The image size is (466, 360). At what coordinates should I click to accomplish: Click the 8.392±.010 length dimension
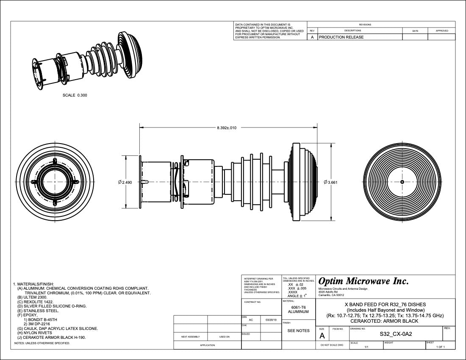(227, 127)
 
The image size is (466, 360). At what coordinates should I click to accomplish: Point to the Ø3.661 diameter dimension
(330, 182)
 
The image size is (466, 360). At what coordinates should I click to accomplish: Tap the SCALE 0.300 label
(75, 95)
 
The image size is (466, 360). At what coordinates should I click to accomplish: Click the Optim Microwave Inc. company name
(363, 281)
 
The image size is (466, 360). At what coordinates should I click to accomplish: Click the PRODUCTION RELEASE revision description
(341, 37)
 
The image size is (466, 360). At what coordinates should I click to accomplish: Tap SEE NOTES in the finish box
(299, 330)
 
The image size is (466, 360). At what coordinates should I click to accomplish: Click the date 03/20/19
(270, 320)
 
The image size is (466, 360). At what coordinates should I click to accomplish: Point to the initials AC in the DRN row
(251, 320)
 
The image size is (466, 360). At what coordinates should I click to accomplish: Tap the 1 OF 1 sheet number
(440, 347)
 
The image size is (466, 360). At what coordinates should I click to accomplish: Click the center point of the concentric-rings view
(402, 182)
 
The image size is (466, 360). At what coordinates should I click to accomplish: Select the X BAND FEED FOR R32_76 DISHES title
(385, 305)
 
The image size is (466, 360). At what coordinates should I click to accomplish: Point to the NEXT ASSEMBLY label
(191, 337)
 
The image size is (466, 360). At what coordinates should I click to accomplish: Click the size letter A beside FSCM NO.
(322, 336)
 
